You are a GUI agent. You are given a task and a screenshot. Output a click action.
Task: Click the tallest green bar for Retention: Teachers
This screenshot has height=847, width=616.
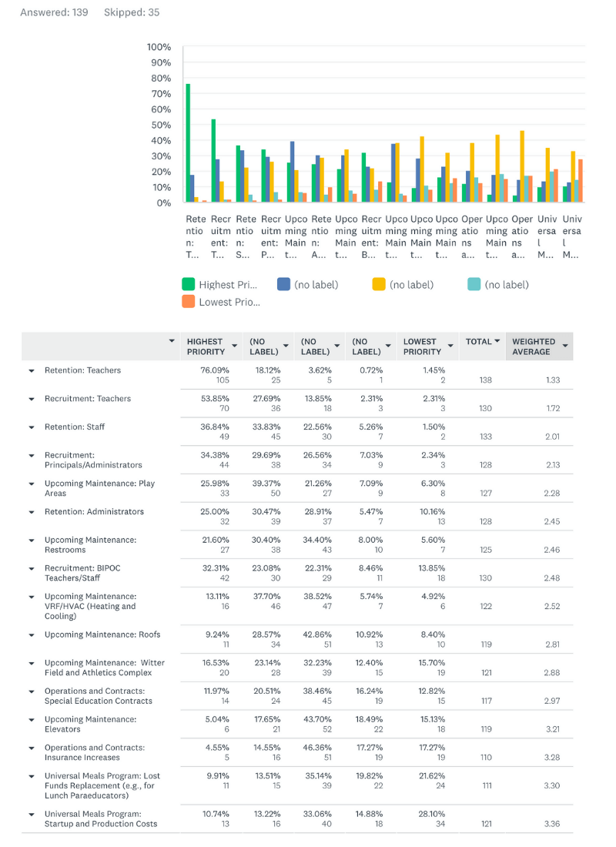[188, 143]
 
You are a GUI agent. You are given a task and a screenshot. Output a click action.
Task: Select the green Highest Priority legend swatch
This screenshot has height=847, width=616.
[189, 284]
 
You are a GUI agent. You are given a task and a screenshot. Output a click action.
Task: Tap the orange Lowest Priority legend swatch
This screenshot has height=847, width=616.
[189, 301]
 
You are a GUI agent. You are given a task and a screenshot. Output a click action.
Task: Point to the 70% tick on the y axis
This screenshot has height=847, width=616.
[161, 93]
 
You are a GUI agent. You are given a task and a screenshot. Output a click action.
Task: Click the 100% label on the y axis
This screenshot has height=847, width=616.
[159, 47]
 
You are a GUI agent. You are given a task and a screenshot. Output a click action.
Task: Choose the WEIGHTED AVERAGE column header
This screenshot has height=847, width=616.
[534, 346]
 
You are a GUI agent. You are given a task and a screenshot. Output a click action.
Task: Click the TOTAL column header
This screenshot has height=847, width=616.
[479, 341]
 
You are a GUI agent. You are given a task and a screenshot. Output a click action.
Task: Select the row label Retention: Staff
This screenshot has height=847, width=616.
[75, 427]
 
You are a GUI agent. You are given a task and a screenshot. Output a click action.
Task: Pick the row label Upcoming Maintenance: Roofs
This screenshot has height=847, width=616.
[102, 634]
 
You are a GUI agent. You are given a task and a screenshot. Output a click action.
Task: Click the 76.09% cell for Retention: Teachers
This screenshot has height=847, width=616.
[215, 370]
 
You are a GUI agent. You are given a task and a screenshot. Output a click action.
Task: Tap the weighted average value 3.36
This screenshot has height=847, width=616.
[551, 824]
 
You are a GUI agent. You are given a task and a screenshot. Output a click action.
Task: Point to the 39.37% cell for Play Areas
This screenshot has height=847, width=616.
[266, 484]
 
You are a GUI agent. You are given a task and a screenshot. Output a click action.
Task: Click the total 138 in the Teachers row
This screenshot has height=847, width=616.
[485, 380]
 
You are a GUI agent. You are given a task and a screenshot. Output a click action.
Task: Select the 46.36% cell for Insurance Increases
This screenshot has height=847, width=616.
[317, 748]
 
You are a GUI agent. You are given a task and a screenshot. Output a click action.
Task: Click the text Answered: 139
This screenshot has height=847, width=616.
[54, 12]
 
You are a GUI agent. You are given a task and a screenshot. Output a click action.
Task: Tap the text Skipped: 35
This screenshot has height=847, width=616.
[132, 12]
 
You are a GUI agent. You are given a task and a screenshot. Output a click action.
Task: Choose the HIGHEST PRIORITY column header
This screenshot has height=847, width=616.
[206, 346]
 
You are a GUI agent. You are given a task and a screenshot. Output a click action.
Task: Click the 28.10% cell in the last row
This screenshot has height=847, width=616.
[432, 814]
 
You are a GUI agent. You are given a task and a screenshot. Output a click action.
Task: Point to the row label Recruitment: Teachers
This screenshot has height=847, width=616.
[88, 399]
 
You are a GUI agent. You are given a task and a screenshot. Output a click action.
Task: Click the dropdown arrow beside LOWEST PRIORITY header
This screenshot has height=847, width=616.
[450, 346]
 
